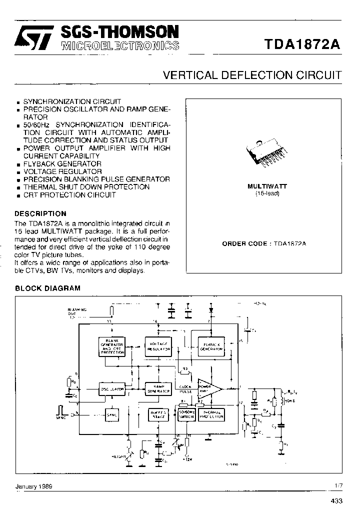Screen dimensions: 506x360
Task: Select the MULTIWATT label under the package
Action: tap(263, 186)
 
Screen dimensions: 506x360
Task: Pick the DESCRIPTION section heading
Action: tap(40, 213)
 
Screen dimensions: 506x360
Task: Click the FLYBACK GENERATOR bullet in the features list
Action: tap(62, 164)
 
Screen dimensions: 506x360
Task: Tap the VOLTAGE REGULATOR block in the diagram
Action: tap(158, 345)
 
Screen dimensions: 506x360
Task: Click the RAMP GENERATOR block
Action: tap(158, 388)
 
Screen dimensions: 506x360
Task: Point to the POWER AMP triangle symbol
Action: tap(209, 388)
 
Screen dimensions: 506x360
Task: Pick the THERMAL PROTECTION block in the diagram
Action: tap(211, 414)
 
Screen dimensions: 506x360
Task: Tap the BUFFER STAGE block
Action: tap(158, 414)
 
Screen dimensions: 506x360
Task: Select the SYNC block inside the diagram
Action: tap(111, 414)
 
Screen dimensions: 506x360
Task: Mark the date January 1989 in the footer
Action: tap(33, 485)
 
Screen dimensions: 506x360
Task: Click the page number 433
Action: tap(336, 500)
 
